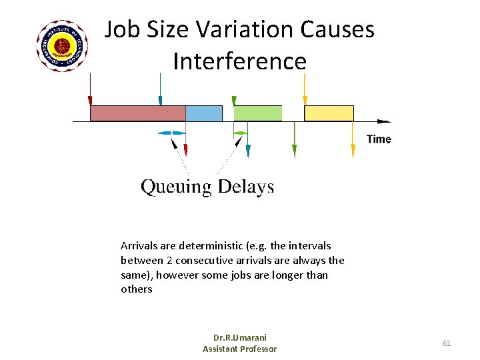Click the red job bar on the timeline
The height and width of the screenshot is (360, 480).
pos(137,113)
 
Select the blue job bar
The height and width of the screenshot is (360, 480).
pos(203,113)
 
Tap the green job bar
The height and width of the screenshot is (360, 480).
pos(257,113)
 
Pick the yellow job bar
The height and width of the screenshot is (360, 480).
pos(329,113)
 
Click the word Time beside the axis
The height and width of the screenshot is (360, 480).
pos(379,139)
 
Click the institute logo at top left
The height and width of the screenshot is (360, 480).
pos(62,46)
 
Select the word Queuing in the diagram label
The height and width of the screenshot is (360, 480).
pos(175,187)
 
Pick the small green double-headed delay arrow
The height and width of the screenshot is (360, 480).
pos(240,133)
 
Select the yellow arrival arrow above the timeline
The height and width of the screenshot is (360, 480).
pos(305,88)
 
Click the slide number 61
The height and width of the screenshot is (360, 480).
pos(447,343)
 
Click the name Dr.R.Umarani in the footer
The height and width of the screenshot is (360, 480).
pos(239,337)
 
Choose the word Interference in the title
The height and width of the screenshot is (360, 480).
pos(239,61)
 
